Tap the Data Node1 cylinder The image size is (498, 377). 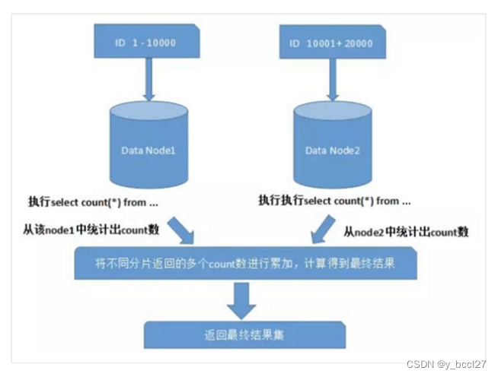click(x=150, y=148)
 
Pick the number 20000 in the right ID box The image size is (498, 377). click(x=358, y=43)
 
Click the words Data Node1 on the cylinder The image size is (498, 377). click(x=149, y=150)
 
